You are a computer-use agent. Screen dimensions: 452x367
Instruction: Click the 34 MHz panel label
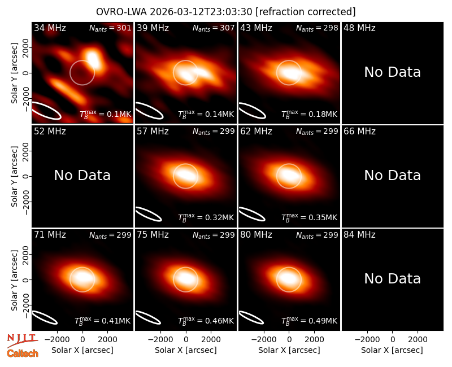tap(50, 28)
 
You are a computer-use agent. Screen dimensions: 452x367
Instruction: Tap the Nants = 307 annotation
tap(214, 28)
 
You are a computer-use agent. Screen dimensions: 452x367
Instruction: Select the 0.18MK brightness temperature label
tap(309, 114)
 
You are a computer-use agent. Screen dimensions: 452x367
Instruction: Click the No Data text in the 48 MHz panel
tap(392, 72)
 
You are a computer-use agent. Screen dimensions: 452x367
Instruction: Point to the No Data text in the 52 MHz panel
tap(82, 176)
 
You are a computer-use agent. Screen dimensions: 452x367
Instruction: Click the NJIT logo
tap(23, 340)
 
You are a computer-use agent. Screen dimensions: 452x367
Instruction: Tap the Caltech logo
tap(23, 353)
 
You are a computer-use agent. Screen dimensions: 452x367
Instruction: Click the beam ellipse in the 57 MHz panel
tap(149, 214)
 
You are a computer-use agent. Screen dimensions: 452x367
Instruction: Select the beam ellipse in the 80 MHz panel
tap(251, 318)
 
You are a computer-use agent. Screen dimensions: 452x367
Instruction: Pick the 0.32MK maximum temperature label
tap(206, 217)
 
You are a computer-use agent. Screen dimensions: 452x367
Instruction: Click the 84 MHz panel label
tap(359, 235)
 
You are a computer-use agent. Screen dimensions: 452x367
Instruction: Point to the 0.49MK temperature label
tap(309, 321)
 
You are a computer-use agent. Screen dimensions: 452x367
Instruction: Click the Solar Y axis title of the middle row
tap(15, 176)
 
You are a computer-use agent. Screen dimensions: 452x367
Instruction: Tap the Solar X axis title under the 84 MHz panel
tap(392, 350)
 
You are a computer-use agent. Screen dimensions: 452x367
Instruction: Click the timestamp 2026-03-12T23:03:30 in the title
tap(201, 12)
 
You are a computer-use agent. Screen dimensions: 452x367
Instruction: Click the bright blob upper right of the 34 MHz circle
tap(93, 59)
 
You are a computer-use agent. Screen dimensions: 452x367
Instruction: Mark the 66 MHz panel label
tap(359, 132)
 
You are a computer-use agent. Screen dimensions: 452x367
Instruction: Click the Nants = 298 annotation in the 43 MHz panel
tap(317, 28)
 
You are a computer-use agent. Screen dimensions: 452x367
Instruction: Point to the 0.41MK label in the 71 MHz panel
tap(103, 321)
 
